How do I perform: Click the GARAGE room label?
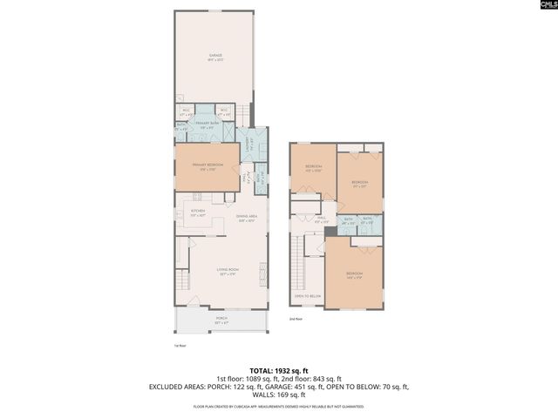pyautogui.click(x=214, y=57)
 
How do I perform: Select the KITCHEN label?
pyautogui.click(x=198, y=212)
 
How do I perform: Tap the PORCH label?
pyautogui.click(x=221, y=320)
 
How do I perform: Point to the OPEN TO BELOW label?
pyautogui.click(x=307, y=296)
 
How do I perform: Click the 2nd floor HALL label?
pyautogui.click(x=320, y=219)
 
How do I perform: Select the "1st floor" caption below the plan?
pyautogui.click(x=180, y=345)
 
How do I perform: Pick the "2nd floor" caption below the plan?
pyautogui.click(x=296, y=320)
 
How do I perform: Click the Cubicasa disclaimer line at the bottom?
pyautogui.click(x=279, y=406)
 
